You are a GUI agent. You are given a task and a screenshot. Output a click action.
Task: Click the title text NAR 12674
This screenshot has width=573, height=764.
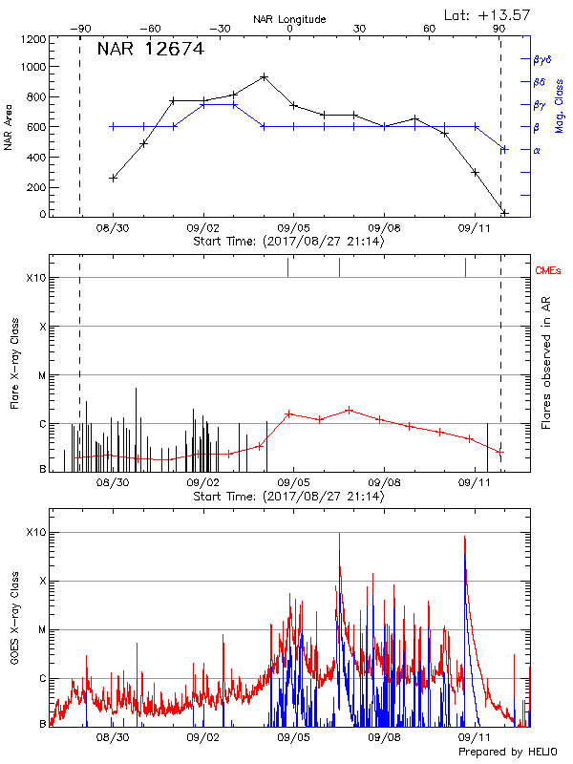[150, 51]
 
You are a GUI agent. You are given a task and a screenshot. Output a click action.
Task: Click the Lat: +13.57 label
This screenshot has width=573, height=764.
[488, 13]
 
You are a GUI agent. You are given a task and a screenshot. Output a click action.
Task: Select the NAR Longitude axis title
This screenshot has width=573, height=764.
[289, 19]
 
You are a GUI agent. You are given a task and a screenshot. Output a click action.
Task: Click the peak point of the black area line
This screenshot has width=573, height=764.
[264, 76]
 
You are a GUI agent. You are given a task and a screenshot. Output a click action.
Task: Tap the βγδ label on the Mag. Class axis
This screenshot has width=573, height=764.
[541, 59]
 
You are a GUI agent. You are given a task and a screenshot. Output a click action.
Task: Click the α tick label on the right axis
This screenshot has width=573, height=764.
[537, 150]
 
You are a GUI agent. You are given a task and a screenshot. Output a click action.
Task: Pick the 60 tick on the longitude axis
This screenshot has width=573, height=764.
[431, 30]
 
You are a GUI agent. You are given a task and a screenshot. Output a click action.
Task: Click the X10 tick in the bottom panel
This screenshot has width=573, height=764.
[36, 532]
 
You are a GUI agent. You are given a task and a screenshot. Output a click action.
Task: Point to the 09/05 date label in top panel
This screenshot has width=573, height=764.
[293, 229]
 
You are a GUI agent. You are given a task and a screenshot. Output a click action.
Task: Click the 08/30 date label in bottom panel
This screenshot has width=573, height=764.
[113, 738]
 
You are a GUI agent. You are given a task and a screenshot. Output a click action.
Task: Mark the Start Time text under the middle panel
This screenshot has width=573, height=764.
[288, 497]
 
